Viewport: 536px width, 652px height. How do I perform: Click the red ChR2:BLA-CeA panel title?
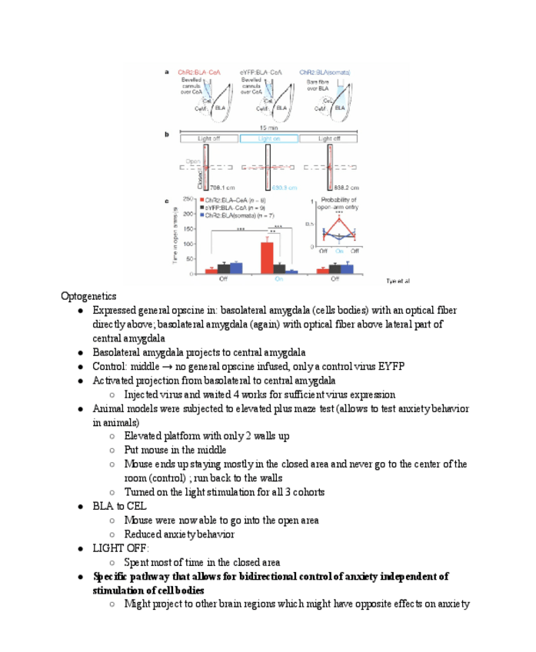(x=200, y=72)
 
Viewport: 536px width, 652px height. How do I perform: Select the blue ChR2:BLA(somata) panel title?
(x=325, y=72)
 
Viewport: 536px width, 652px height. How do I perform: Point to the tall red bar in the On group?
(x=267, y=257)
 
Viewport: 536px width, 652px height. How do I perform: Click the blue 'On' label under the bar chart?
(x=278, y=278)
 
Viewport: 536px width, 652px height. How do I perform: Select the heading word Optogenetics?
(x=88, y=296)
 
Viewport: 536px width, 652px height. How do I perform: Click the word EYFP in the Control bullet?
(x=390, y=366)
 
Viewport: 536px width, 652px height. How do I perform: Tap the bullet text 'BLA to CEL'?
(x=119, y=506)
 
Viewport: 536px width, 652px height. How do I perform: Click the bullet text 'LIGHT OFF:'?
(x=121, y=548)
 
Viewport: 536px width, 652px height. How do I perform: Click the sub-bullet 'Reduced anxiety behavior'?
(x=179, y=534)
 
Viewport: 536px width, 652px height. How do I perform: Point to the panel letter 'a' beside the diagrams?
(x=167, y=72)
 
